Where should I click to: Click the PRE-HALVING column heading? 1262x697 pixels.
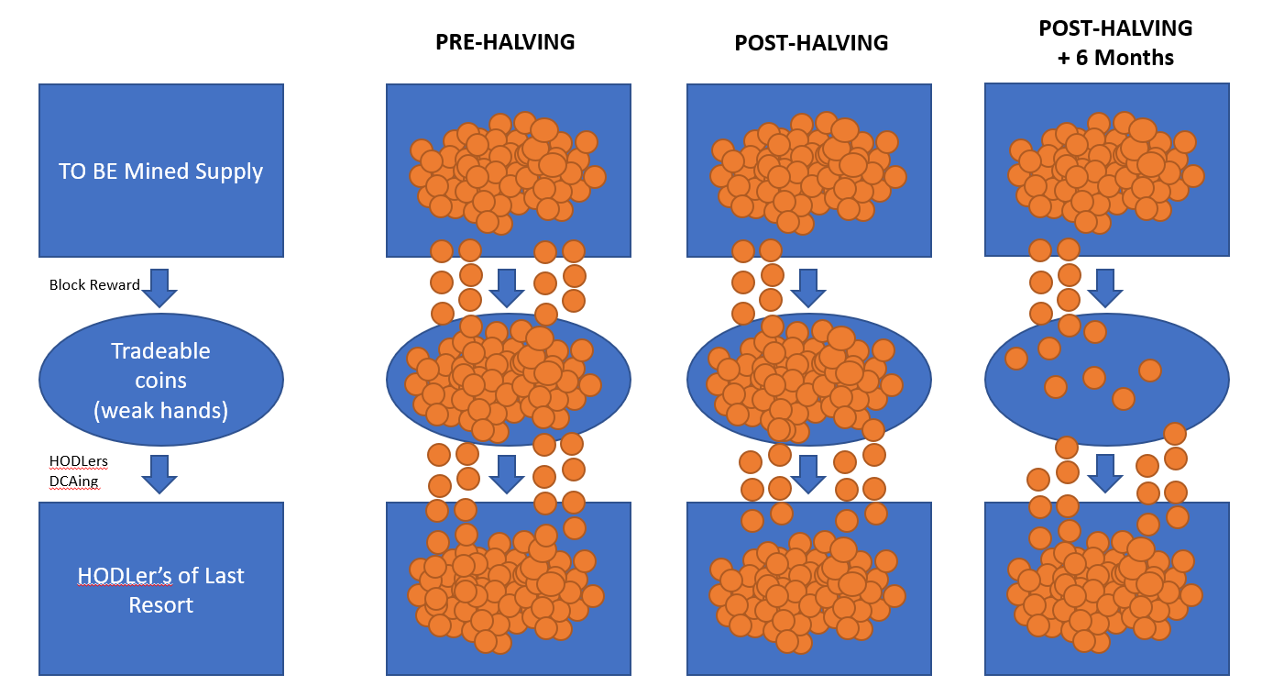coord(505,42)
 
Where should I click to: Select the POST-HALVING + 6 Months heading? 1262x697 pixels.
coord(1115,43)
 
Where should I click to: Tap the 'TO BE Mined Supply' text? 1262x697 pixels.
coord(160,171)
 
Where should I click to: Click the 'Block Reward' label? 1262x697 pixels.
coord(94,285)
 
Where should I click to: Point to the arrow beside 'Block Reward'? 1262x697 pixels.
coord(159,288)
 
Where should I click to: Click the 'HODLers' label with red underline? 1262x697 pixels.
coord(78,461)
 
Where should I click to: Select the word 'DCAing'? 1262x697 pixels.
coord(74,481)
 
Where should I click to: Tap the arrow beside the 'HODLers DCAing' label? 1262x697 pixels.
coord(159,474)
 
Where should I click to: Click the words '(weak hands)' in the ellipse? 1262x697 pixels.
coord(160,411)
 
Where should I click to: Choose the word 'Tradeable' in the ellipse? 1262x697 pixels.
coord(160,351)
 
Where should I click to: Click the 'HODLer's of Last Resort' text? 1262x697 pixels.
coord(160,590)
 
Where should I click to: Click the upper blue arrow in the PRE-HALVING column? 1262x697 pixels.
coord(507,288)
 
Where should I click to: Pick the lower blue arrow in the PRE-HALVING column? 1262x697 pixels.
coord(507,474)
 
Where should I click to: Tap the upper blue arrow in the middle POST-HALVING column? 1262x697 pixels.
coord(808,288)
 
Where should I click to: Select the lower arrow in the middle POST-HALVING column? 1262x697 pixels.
coord(808,474)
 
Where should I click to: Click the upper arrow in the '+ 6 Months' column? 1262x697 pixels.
coord(1104,288)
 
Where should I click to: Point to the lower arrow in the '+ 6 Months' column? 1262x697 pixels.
coord(1104,474)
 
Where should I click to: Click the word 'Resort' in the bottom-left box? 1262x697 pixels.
coord(160,605)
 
